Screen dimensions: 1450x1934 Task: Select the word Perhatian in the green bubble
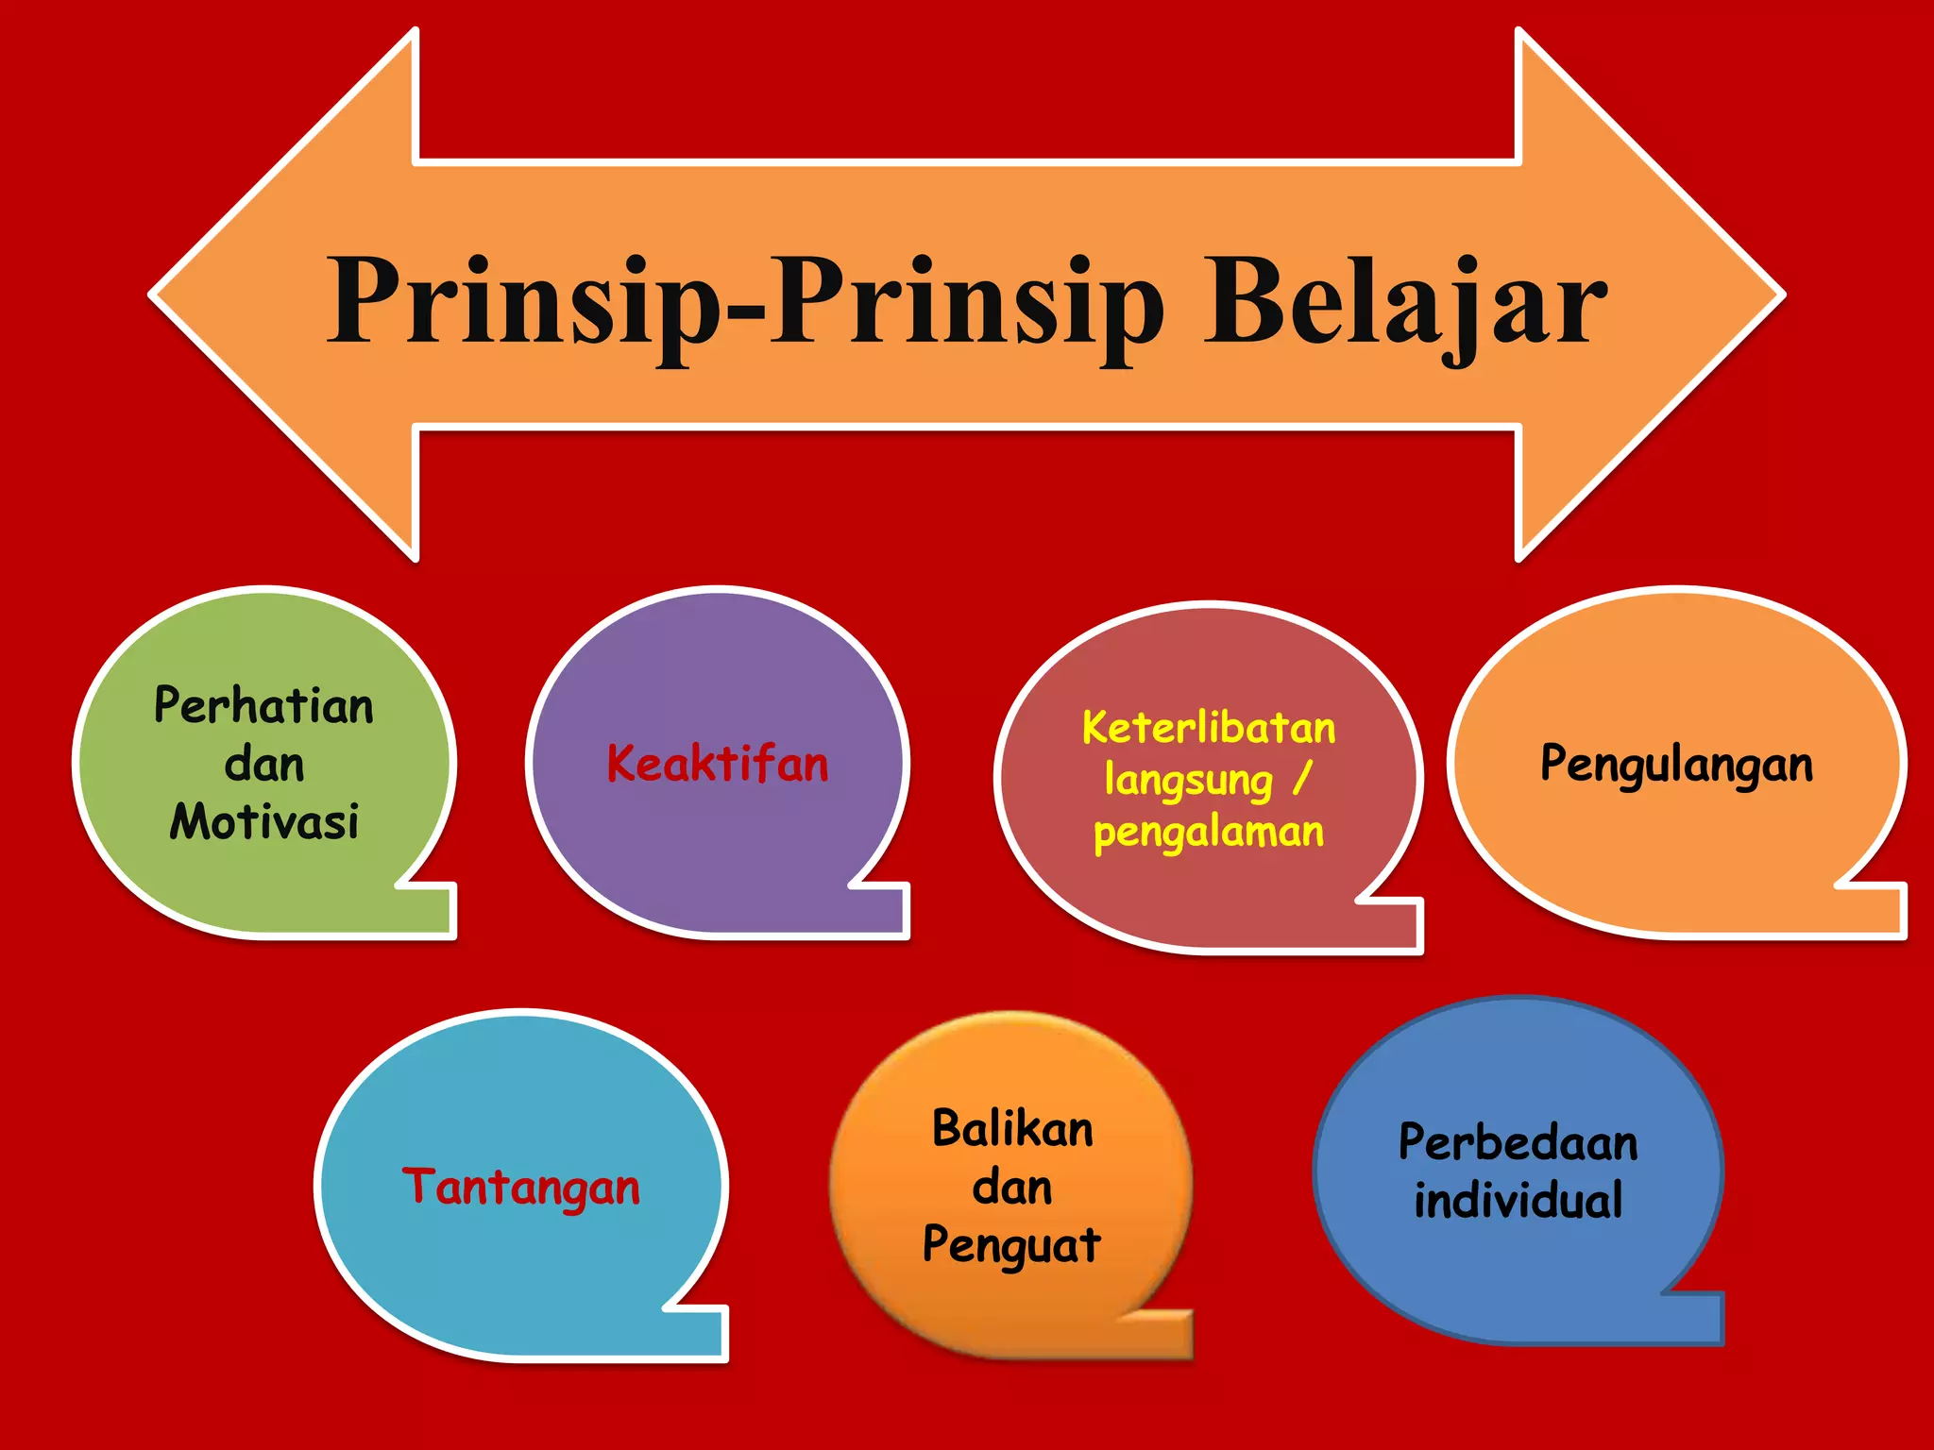click(264, 706)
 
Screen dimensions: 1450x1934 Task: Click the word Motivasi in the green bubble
click(264, 821)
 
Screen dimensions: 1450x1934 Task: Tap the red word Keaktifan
click(718, 764)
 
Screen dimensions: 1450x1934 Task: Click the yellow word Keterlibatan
click(1209, 728)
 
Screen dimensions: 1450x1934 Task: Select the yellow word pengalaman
click(1209, 833)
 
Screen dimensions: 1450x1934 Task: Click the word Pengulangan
click(1676, 764)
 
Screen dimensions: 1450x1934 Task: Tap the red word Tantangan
click(521, 1187)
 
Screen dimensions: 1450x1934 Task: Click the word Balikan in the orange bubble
click(1012, 1129)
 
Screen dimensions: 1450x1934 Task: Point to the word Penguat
click(1012, 1245)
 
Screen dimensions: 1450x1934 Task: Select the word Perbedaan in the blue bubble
click(1518, 1142)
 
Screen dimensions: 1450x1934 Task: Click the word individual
click(1518, 1201)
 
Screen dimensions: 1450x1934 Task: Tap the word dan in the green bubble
click(264, 764)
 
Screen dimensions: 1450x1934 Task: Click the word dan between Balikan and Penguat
click(1012, 1187)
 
